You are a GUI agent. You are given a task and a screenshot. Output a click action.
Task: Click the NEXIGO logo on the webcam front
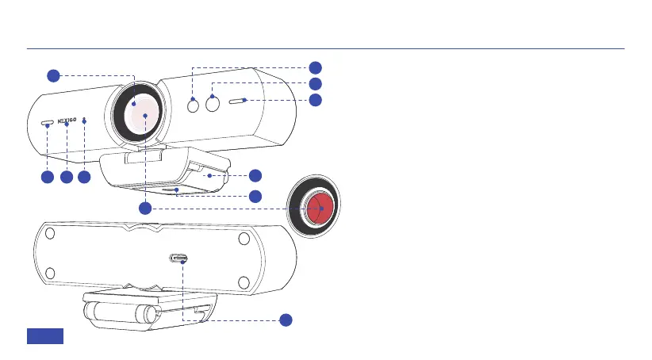pos(67,123)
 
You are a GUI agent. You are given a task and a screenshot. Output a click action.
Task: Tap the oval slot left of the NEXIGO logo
pos(48,124)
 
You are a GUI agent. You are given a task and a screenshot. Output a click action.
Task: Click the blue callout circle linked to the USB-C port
pos(286,320)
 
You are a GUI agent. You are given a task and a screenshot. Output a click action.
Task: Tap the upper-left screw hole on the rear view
pos(50,235)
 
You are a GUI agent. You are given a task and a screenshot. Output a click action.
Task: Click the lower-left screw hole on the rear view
pos(50,274)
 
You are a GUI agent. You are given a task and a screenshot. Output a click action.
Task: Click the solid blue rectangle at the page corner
pos(45,335)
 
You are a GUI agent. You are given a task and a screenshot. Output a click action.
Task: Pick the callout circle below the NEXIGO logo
pos(67,178)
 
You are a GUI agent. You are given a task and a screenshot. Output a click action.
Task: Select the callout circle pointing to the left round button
pos(316,67)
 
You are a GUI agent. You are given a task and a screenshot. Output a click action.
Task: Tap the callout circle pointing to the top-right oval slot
pos(316,100)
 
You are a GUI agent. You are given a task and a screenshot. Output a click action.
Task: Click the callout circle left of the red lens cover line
pos(145,208)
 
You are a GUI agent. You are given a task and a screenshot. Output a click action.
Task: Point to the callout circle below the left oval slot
pos(48,178)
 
